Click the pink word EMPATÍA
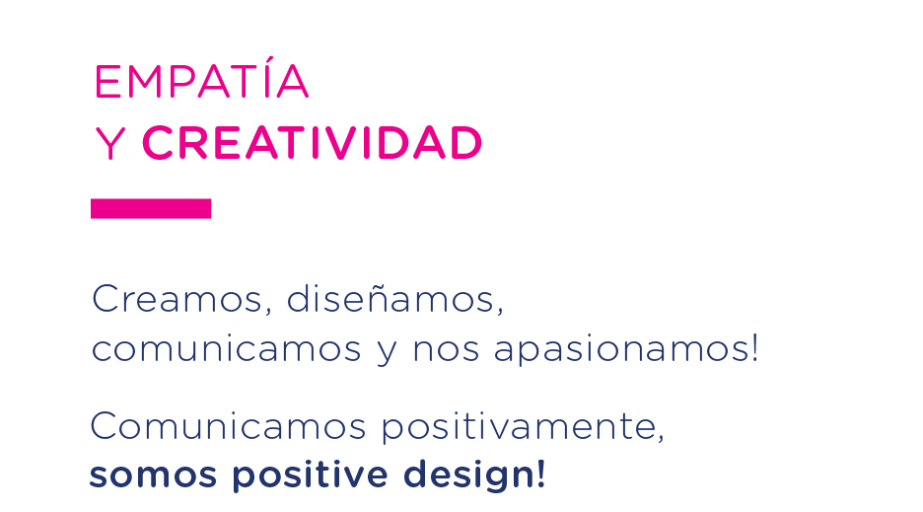pos(201,78)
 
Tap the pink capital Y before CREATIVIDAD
pos(110,143)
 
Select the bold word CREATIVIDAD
pos(312,143)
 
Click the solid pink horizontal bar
pos(151,208)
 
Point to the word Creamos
pos(177,299)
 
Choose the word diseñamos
pos(390,298)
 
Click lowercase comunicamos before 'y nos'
pos(226,348)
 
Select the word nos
pos(446,349)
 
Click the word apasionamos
pos(620,350)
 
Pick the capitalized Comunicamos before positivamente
pos(228,425)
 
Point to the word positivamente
pos(518,426)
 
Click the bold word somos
pos(153,475)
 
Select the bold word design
pos(469,475)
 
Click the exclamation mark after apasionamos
pos(754,347)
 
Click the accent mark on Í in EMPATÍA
pos(269,59)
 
